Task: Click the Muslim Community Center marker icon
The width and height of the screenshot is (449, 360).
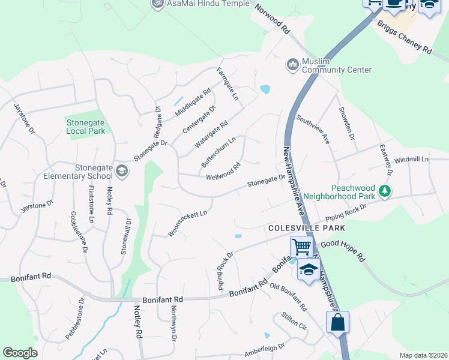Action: pos(293,64)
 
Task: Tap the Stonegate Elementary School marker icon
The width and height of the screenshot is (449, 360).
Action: pos(122,171)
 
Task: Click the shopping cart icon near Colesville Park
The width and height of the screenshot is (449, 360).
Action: pos(301,246)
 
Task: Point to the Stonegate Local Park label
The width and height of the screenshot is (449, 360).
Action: pos(85,126)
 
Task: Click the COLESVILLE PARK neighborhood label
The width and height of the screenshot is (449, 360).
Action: pos(307,228)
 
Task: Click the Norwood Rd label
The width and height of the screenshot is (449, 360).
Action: pos(273,20)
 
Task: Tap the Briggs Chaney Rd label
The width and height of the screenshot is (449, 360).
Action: pos(404,38)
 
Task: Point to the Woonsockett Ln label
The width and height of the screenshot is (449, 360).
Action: pos(187,223)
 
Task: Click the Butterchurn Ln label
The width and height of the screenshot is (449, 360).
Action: pos(218,152)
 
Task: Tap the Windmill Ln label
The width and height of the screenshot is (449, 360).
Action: pos(414,160)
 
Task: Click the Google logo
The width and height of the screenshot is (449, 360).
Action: pos(20,353)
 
